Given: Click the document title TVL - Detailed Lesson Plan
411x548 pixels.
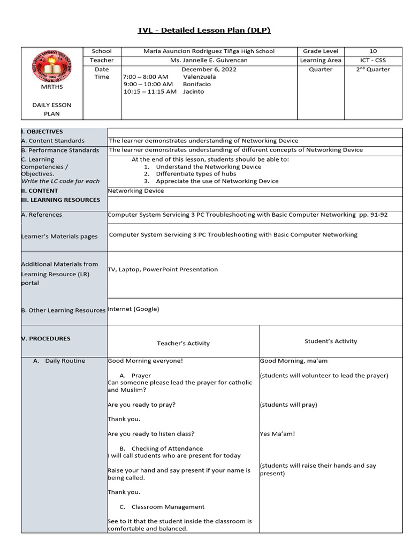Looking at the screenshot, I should tap(204, 30).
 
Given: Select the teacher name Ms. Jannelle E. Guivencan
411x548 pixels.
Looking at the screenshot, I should tap(209, 60).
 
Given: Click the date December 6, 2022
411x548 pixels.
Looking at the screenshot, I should tap(209, 70).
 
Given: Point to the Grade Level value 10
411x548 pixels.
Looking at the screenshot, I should tap(373, 51).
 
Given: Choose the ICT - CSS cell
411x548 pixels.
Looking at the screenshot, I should tap(373, 60).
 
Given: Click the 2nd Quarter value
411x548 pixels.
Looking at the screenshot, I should tap(373, 70).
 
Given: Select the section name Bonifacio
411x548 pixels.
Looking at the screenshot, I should tap(196, 84).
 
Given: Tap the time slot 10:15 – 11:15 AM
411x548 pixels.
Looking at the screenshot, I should tap(150, 92).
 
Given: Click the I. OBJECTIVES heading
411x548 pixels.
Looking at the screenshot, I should tap(42, 132).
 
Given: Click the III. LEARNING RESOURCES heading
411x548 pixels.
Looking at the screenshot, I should tap(60, 200).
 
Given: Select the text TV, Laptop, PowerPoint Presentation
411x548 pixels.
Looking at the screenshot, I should tap(163, 270).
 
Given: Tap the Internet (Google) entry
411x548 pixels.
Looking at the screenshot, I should tap(134, 309).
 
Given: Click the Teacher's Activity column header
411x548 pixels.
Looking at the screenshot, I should tap(183, 344).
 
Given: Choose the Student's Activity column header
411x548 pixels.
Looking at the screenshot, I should tap(330, 341).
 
